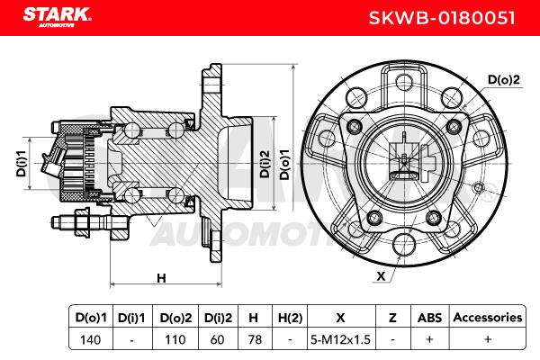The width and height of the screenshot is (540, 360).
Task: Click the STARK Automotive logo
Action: tap(57, 17)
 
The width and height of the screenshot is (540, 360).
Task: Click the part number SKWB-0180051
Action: tap(442, 18)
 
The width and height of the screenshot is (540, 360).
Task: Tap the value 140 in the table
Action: tap(90, 339)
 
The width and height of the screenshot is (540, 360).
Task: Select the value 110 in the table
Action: tap(175, 339)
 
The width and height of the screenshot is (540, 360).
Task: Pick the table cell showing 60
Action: tap(217, 339)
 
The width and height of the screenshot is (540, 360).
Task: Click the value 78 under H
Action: tap(255, 339)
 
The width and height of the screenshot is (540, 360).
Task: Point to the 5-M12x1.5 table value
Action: tap(340, 339)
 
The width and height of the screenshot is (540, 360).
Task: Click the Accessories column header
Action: tap(488, 318)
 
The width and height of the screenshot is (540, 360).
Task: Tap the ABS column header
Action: tap(430, 318)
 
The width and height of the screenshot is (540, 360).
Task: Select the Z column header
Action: tap(392, 318)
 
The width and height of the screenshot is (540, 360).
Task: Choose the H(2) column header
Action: tap(290, 318)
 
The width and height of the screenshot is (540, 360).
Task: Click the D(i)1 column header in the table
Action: tap(131, 318)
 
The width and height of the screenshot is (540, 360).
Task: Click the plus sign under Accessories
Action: tap(488, 339)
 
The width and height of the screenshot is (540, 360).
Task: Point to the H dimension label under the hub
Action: tap(161, 278)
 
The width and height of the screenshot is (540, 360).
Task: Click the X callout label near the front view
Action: tap(381, 276)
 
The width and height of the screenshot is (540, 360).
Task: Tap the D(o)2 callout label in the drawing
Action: tap(503, 80)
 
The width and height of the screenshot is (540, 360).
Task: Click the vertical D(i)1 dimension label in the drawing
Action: tap(22, 163)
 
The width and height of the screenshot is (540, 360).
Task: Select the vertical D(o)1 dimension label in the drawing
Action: tap(284, 165)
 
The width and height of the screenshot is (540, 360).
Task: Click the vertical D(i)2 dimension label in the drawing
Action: tap(265, 164)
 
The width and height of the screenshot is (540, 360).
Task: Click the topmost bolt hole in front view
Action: tap(404, 83)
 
